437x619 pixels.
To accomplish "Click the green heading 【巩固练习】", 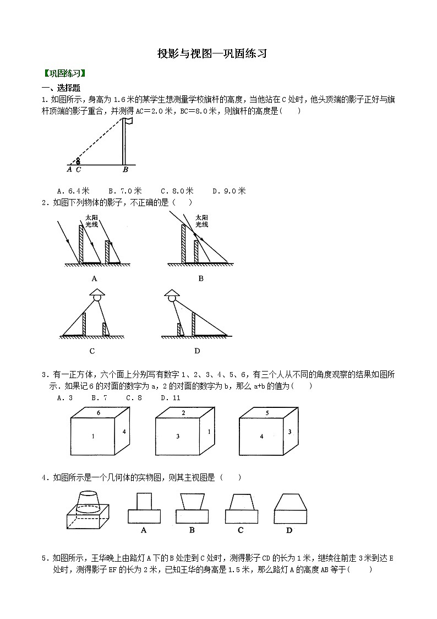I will tap(64, 73).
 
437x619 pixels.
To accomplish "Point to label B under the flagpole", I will tap(125, 170).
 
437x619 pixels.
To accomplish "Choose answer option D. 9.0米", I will tap(228, 191).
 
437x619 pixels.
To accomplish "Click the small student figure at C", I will tap(78, 161).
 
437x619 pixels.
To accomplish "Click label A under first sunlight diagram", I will tap(94, 278).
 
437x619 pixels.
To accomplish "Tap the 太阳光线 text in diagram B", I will tap(201, 221).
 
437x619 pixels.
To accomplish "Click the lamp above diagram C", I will tap(97, 295).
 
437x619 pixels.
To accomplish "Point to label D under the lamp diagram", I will tap(197, 351).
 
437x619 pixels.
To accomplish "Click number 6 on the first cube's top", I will tap(98, 412).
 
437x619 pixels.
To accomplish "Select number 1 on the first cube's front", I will tap(93, 437).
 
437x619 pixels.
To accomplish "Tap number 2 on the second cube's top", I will tap(183, 412).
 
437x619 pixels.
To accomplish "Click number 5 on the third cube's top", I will tap(266, 412).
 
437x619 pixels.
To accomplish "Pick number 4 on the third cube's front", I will tap(261, 437).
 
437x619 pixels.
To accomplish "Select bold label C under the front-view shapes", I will tap(241, 530).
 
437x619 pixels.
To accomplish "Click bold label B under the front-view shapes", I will tap(192, 530).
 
